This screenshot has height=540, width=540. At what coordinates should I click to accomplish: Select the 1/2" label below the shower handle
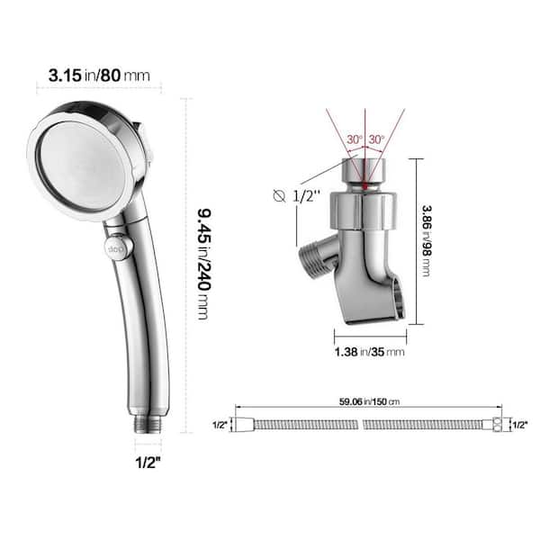click(x=148, y=464)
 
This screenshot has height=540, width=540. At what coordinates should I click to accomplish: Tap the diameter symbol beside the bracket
click(x=280, y=195)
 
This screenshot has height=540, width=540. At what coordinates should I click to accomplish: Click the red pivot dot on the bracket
click(x=364, y=188)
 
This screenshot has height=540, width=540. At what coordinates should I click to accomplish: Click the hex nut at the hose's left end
click(x=242, y=423)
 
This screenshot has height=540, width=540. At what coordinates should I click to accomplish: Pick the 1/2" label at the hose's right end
click(x=519, y=424)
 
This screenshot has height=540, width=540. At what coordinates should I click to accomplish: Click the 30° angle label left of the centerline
click(x=353, y=139)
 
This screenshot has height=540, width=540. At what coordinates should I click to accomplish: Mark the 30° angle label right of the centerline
click(x=375, y=139)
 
